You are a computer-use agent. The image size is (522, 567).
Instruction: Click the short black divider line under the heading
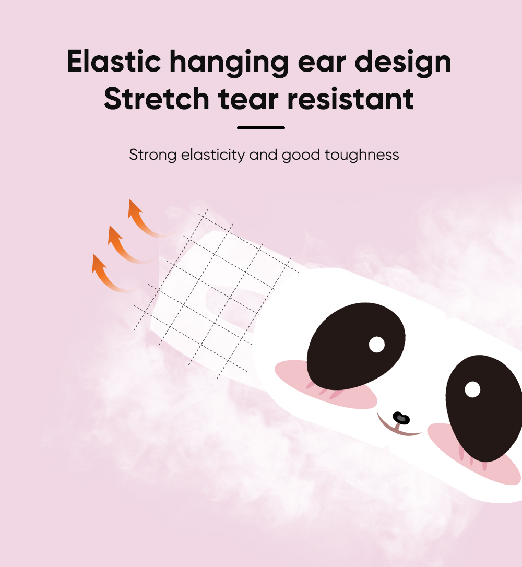coord(261,127)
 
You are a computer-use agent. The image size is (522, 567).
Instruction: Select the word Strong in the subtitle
coord(153,155)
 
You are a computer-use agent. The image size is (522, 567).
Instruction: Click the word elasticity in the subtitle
coord(212,155)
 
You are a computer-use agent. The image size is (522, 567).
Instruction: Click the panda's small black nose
coord(401,418)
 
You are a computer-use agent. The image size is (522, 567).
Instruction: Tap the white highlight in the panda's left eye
coord(376,344)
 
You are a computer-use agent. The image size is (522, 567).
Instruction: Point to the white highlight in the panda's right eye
coord(472,389)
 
